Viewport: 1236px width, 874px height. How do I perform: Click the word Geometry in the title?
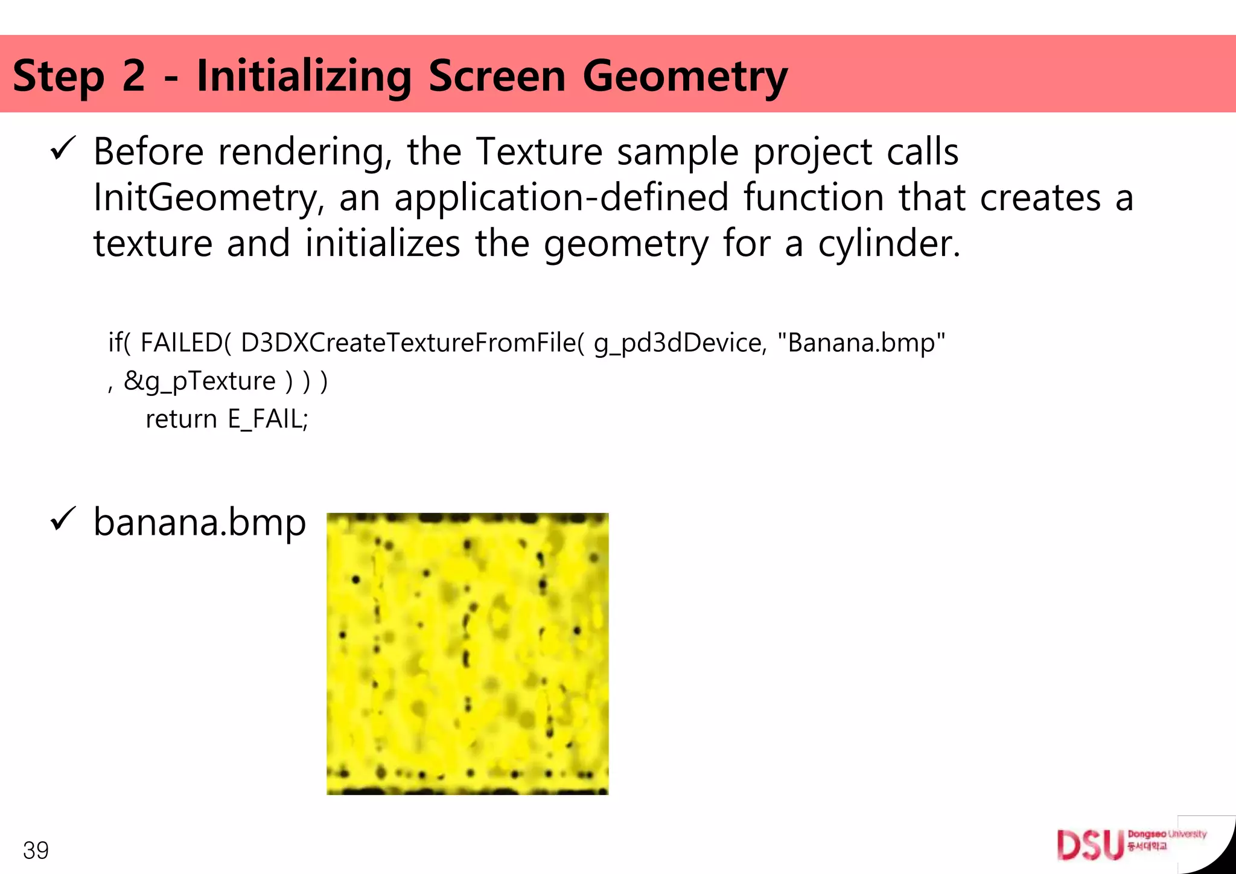[x=685, y=77]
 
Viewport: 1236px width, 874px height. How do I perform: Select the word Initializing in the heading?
[x=304, y=77]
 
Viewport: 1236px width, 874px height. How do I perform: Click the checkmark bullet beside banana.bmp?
[x=63, y=519]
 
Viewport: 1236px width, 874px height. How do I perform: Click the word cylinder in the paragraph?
[x=888, y=244]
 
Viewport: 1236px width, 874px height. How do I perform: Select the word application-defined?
[x=561, y=197]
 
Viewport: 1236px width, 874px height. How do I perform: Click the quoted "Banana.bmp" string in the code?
[x=861, y=342]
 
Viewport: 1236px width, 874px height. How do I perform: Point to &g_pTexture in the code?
[x=199, y=381]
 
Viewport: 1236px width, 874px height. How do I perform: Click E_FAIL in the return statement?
[x=267, y=419]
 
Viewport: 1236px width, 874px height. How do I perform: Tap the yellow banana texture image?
[x=467, y=654]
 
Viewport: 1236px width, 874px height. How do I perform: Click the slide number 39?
[x=36, y=850]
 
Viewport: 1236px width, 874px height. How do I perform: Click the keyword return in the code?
[x=181, y=419]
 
